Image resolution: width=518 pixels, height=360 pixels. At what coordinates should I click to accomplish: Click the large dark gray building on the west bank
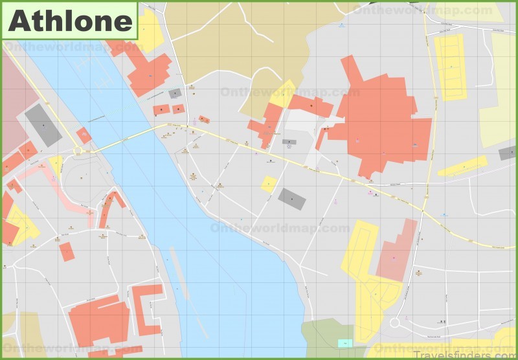(x=43, y=125)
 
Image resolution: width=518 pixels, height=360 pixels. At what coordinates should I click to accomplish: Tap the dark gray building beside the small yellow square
(x=291, y=199)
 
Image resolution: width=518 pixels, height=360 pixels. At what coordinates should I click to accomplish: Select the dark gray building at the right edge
(x=508, y=153)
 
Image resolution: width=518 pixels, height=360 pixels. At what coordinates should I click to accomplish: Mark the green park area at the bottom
(x=327, y=337)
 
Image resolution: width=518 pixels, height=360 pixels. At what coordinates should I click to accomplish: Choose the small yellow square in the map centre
(x=269, y=184)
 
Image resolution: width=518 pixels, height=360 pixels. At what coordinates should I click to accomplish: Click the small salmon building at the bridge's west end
(x=84, y=135)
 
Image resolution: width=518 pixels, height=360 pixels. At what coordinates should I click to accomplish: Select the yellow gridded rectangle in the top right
(x=451, y=67)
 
